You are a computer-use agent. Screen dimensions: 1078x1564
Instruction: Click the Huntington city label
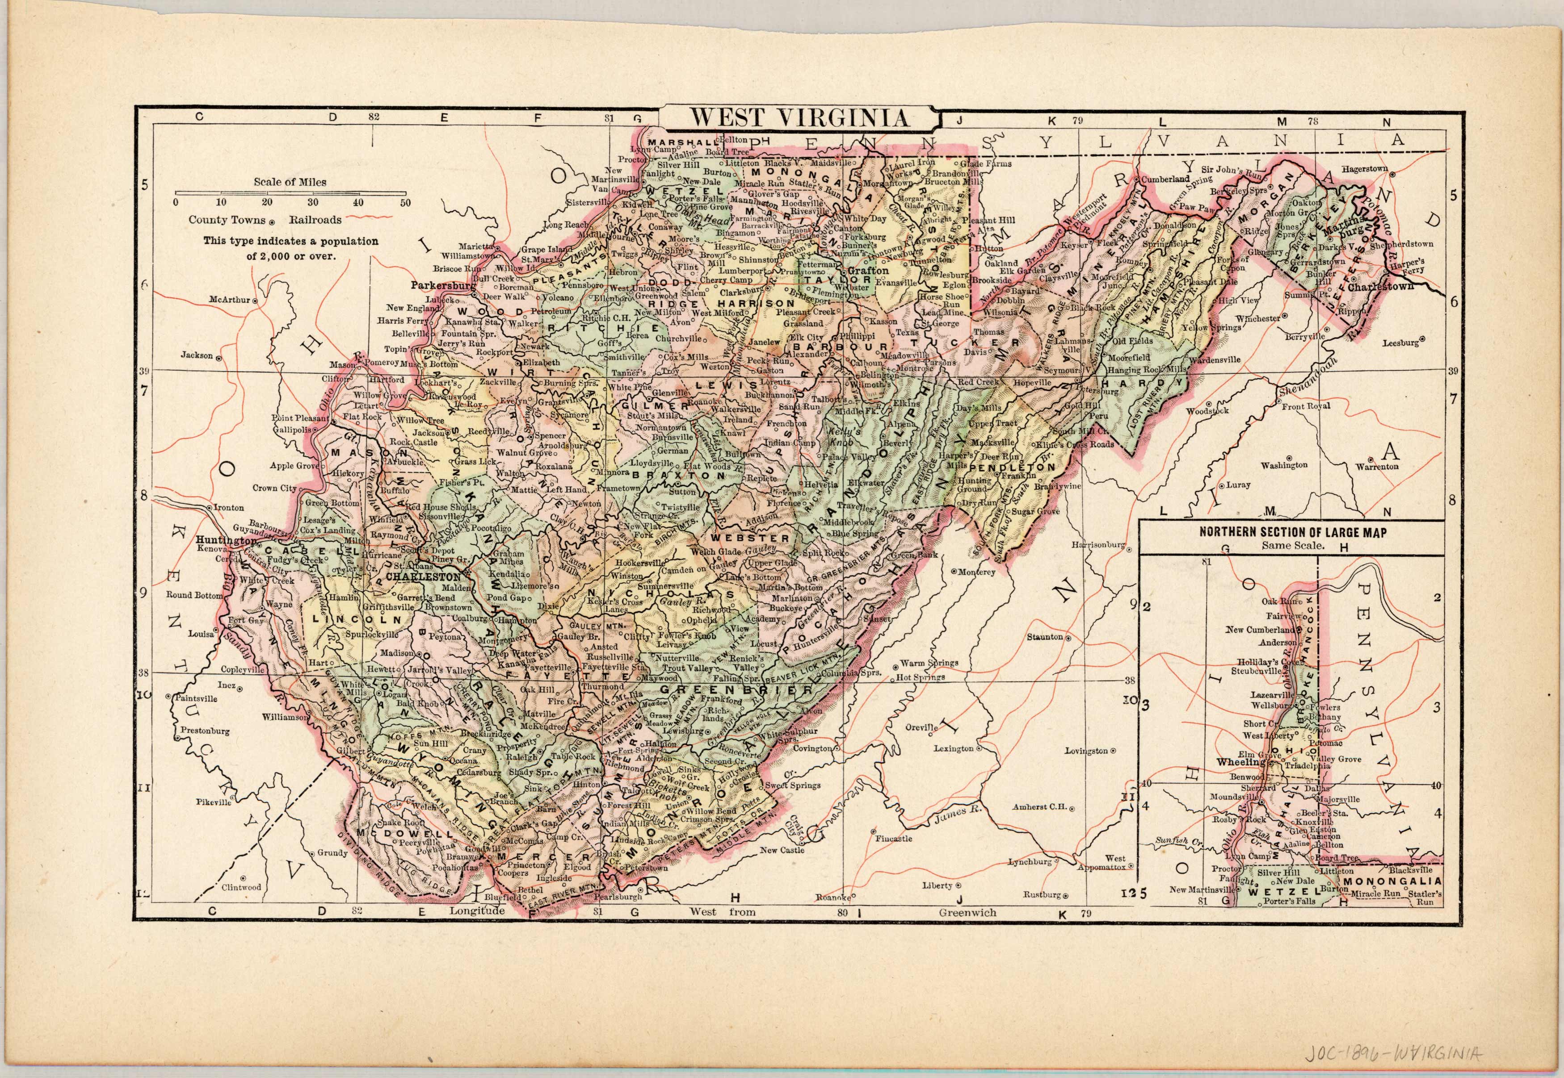pyautogui.click(x=227, y=540)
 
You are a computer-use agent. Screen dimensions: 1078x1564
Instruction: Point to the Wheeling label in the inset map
pyautogui.click(x=1240, y=762)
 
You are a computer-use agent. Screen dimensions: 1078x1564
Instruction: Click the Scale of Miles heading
pyautogui.click(x=290, y=182)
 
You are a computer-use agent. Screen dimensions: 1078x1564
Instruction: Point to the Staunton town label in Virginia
pyautogui.click(x=1045, y=636)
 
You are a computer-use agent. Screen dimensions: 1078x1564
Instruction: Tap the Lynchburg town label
pyautogui.click(x=1031, y=862)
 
